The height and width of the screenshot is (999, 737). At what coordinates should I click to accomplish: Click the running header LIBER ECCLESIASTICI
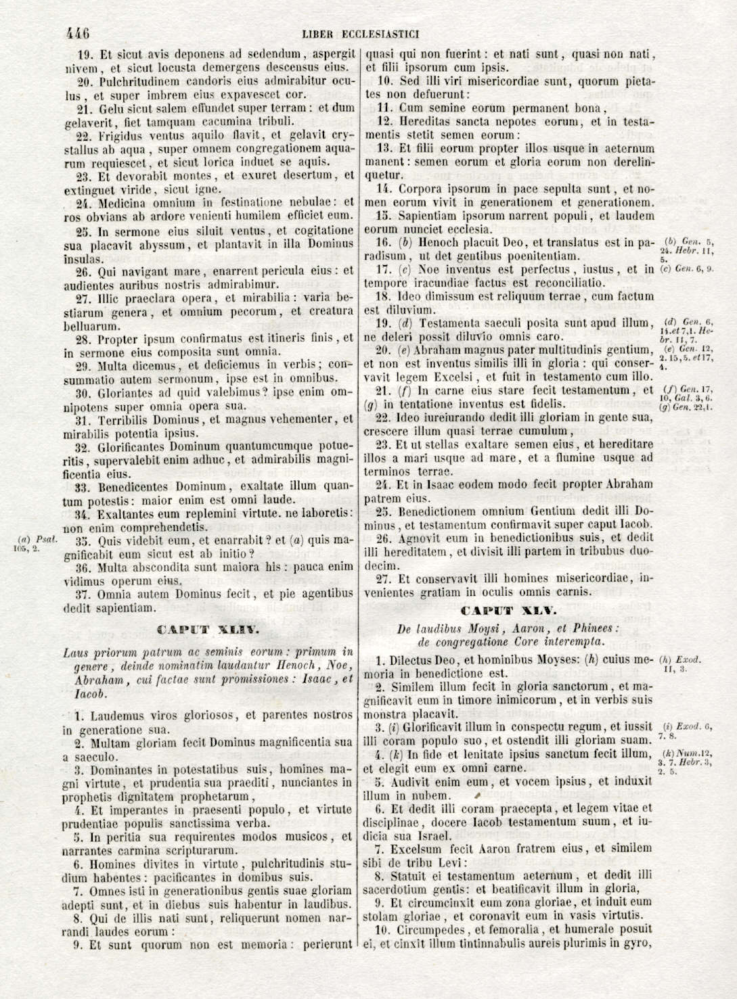pyautogui.click(x=361, y=33)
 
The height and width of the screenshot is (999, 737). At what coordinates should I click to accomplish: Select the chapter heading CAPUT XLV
pyautogui.click(x=511, y=610)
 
